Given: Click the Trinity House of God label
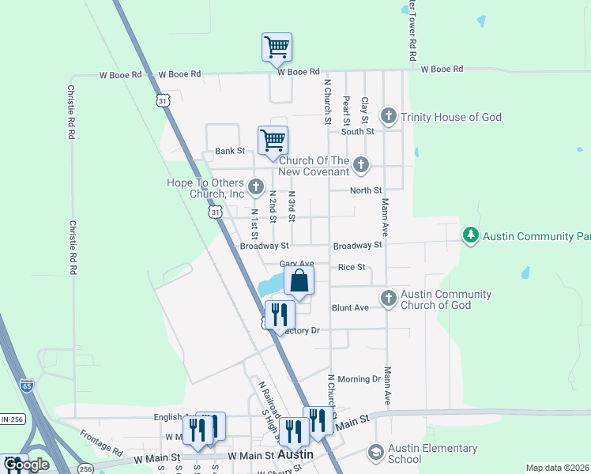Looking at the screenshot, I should tap(450, 117).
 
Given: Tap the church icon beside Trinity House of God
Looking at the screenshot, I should tap(388, 117).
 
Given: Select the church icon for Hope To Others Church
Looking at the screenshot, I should tap(255, 187).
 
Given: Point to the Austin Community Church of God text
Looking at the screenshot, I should tap(446, 299).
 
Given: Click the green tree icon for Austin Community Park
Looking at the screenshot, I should tap(471, 235).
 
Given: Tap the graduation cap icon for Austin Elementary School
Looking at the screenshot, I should tap(376, 453).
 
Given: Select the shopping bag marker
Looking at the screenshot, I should tap(299, 281).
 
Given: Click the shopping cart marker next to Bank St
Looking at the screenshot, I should tap(273, 141).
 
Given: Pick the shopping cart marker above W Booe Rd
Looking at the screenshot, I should tap(277, 47).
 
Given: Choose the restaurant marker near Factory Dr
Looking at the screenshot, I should tap(280, 315).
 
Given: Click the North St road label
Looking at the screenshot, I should tap(366, 190).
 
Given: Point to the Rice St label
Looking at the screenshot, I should tap(351, 268).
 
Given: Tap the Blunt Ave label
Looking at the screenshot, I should tap(350, 307).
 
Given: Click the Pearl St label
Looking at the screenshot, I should tap(346, 111).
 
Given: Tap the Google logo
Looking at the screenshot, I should tap(26, 465).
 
